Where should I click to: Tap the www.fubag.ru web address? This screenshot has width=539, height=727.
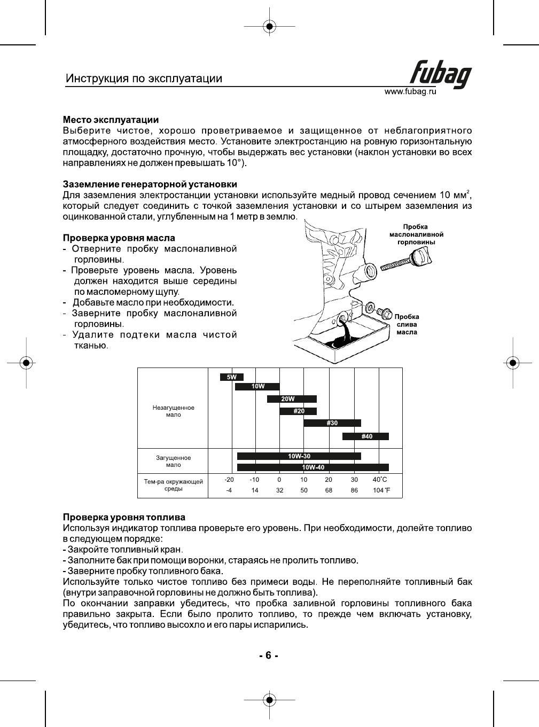click(x=410, y=92)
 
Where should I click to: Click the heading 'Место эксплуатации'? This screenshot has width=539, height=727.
click(x=111, y=120)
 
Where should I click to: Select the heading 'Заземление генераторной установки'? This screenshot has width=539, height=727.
click(x=150, y=184)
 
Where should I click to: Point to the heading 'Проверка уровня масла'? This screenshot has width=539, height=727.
click(x=119, y=238)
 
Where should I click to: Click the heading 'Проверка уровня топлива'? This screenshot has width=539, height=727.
click(x=124, y=517)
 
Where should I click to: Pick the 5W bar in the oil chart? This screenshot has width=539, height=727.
click(x=232, y=377)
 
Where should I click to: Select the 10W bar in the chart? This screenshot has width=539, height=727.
click(x=257, y=386)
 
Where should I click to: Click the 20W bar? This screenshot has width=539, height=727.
click(x=292, y=399)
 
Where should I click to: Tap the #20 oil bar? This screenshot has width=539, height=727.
click(x=298, y=411)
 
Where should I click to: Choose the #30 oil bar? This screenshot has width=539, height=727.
click(x=332, y=423)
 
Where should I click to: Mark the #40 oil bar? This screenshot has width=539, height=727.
click(x=366, y=436)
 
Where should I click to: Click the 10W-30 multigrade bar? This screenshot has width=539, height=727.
click(x=299, y=456)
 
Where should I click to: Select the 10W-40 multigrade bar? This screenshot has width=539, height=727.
click(x=313, y=467)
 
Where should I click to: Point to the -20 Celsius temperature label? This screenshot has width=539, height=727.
click(x=229, y=480)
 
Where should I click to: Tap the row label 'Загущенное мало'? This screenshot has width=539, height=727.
click(x=173, y=461)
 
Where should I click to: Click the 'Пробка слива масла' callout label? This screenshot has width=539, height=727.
click(x=407, y=324)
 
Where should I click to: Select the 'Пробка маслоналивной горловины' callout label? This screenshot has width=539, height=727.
click(x=416, y=234)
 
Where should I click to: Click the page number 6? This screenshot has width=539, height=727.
click(x=269, y=655)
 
